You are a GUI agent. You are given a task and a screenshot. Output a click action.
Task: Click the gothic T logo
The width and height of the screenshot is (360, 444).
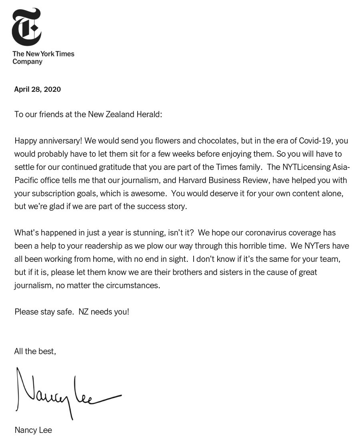coord(27,26)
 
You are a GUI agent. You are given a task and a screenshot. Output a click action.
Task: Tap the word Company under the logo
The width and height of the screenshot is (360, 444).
coord(27,62)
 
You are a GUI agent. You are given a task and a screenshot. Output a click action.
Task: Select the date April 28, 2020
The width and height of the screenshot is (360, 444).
coord(38,89)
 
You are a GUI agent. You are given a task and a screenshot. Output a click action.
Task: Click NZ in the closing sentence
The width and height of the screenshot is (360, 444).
coord(84,311)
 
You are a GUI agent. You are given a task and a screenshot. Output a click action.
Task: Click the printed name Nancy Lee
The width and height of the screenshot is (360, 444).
coord(33,430)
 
